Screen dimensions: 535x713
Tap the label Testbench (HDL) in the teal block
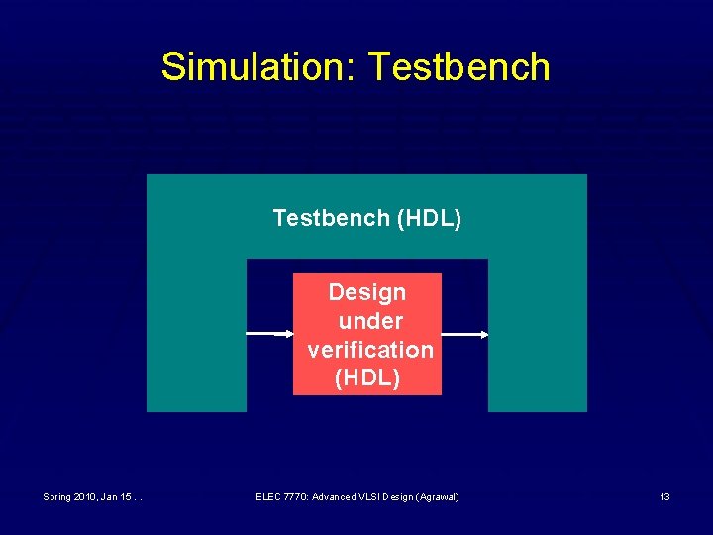pyautogui.click(x=366, y=217)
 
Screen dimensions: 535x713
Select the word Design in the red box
pyautogui.click(x=367, y=292)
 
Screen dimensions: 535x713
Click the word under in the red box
pyautogui.click(x=369, y=321)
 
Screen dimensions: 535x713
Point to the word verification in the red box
pyautogui.click(x=369, y=350)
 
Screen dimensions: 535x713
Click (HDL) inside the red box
pyautogui.click(x=367, y=377)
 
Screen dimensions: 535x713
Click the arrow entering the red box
pyautogui.click(x=270, y=335)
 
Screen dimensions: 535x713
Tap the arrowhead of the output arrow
pyautogui.click(x=484, y=335)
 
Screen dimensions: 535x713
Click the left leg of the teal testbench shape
pyautogui.click(x=196, y=337)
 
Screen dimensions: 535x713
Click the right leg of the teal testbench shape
pyautogui.click(x=537, y=337)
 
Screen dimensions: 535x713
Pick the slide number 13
pyautogui.click(x=664, y=496)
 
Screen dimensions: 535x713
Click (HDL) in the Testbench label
pyautogui.click(x=429, y=217)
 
